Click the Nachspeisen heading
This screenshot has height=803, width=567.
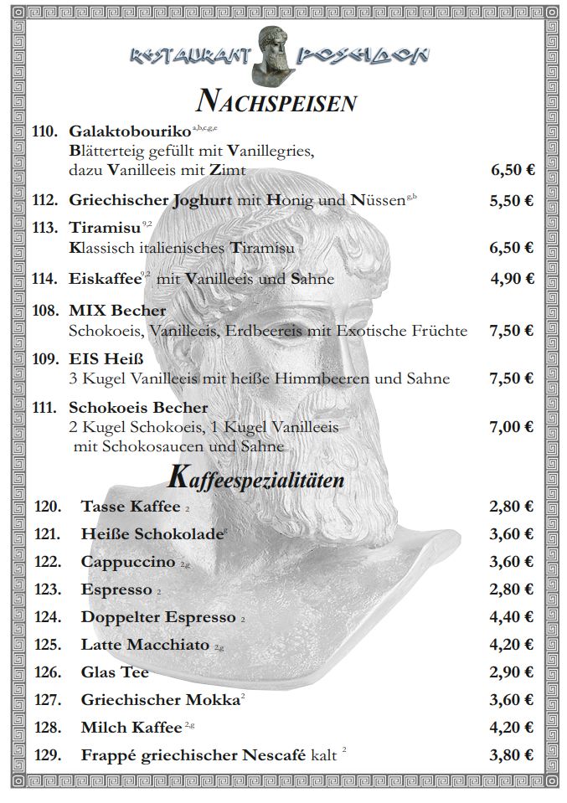click(x=276, y=101)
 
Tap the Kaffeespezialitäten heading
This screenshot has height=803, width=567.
click(x=256, y=478)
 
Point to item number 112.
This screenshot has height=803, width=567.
click(x=44, y=201)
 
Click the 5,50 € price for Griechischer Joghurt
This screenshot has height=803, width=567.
click(x=512, y=201)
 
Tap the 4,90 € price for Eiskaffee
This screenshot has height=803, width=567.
click(x=512, y=279)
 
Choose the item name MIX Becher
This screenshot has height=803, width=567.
click(x=117, y=311)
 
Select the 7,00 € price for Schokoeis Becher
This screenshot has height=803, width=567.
click(x=512, y=427)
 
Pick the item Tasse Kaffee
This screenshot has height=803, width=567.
click(x=131, y=506)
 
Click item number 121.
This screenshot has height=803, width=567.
click(x=48, y=533)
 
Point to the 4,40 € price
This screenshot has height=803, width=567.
click(x=512, y=617)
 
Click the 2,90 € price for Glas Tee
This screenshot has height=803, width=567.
click(x=512, y=672)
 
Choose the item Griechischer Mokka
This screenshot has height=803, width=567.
click(x=160, y=700)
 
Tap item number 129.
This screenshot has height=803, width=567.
click(x=48, y=754)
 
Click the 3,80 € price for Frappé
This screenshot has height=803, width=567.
click(x=512, y=754)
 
